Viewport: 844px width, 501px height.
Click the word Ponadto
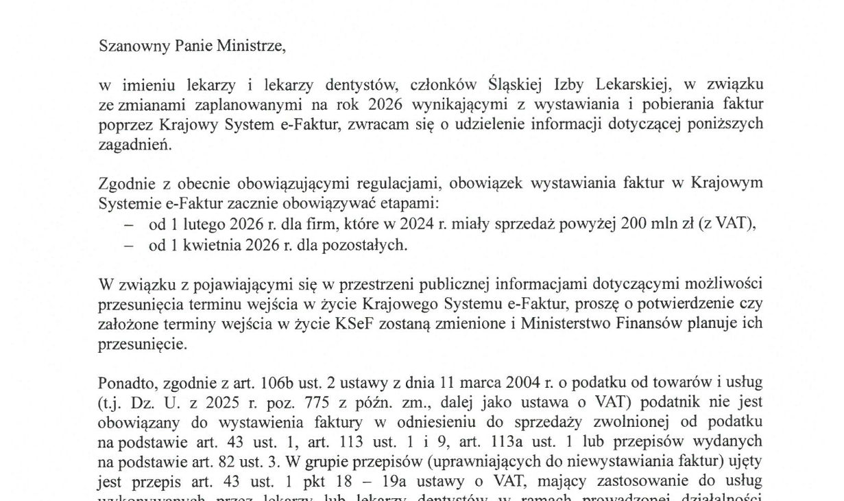pos(122,382)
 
